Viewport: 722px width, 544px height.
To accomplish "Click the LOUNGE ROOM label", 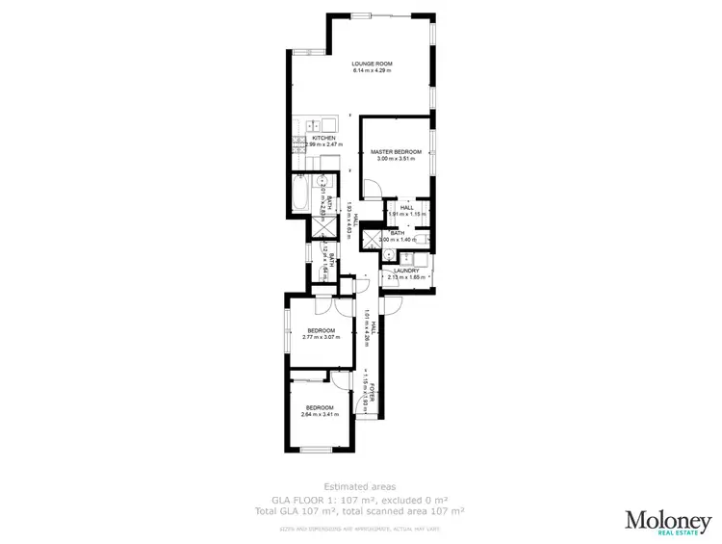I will [373, 65].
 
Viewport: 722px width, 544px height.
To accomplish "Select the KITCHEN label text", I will [324, 138].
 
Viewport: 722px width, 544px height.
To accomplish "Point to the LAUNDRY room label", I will [407, 272].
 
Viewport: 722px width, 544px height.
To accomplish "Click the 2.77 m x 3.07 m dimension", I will [321, 338].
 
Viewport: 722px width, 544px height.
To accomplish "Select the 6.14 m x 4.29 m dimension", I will [373, 71].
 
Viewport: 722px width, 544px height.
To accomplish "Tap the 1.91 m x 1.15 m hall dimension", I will [407, 213].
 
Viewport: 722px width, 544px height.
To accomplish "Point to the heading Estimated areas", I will [360, 487].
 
